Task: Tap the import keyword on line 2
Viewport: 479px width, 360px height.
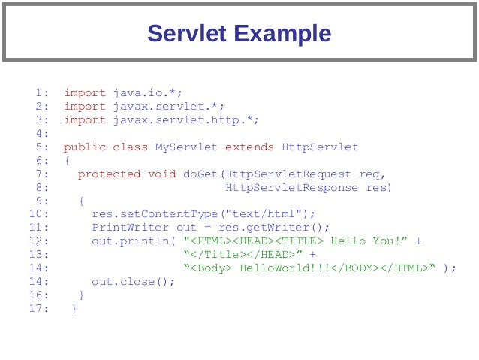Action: [x=85, y=107]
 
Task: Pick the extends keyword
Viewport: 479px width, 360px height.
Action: [x=250, y=147]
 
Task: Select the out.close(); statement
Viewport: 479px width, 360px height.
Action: [x=134, y=282]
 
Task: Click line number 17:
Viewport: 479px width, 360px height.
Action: [x=40, y=308]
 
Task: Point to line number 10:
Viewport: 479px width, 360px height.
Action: [x=40, y=214]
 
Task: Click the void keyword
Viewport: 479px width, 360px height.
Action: [x=162, y=174]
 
